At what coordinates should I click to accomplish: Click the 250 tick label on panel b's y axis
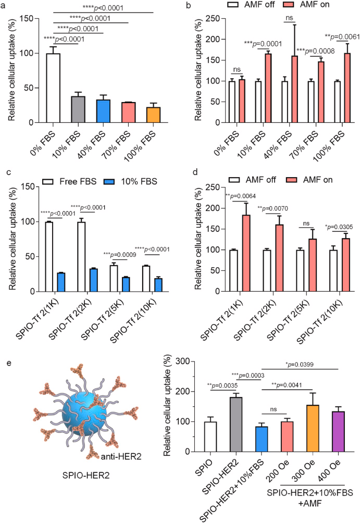coord(208,19)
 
